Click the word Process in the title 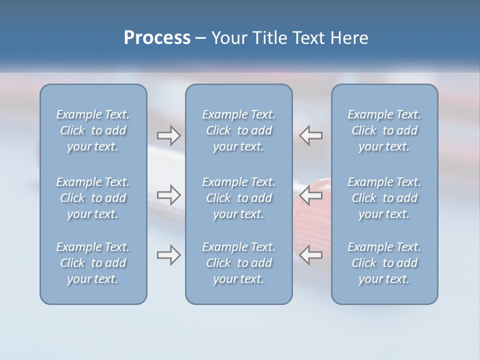tap(157, 38)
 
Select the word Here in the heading tap(349, 38)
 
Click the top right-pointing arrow tap(168, 135)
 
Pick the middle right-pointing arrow tap(168, 195)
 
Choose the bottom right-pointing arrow tap(168, 255)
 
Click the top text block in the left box tap(93, 130)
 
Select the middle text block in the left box tap(93, 198)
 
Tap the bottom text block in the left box tap(93, 263)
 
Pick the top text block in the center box tap(239, 130)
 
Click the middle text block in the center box tap(239, 198)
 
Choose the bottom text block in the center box tap(239, 263)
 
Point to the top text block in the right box tap(384, 130)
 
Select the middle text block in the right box tap(384, 198)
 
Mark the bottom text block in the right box tap(384, 263)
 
